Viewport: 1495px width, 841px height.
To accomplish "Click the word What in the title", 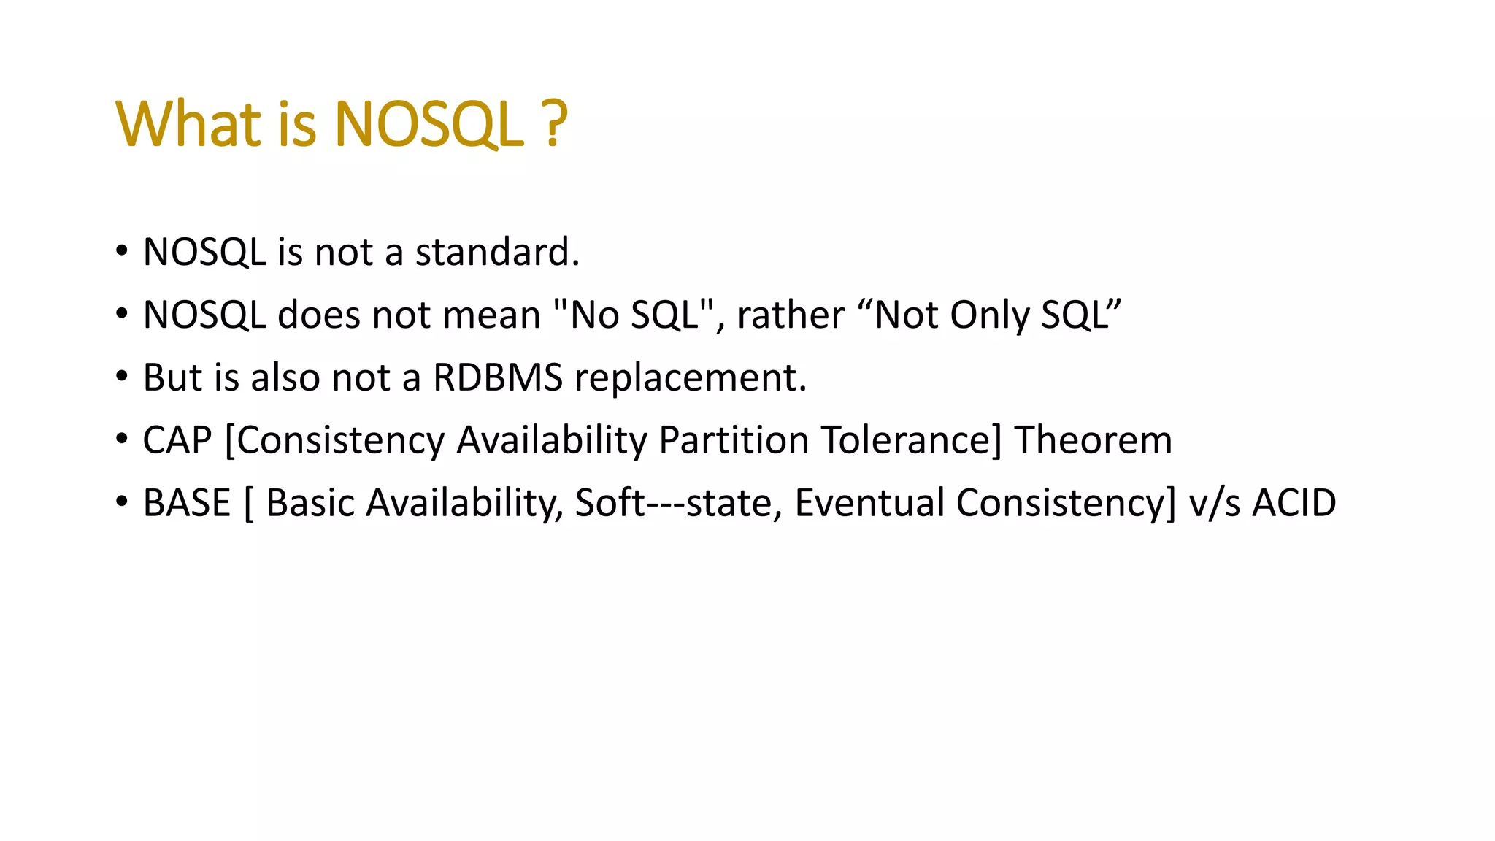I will (188, 124).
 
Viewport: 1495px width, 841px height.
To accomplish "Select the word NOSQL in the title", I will (429, 124).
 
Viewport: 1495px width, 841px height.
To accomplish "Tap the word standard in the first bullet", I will (497, 253).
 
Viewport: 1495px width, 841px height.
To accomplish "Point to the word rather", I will (791, 315).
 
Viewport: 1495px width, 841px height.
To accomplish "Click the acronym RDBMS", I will (498, 378).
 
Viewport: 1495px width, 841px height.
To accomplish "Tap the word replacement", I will (691, 378).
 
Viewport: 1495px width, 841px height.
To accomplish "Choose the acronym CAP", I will (177, 441).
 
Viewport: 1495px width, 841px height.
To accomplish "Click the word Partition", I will (734, 441).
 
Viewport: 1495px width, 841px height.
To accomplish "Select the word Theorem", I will (1093, 441).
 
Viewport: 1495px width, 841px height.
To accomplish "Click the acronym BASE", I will (187, 504).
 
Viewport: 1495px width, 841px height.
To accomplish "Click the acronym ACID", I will (1294, 504).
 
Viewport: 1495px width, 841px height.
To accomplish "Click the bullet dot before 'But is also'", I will (122, 378).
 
